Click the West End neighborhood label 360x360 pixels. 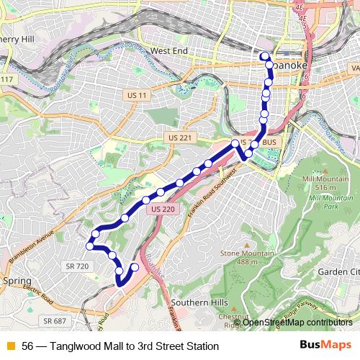pos(168,52)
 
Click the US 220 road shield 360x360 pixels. pos(163,209)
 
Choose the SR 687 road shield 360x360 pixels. pos(54,320)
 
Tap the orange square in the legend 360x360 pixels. pos(9,346)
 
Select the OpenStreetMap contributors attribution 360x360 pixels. pos(297,322)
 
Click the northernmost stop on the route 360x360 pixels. pos(264,56)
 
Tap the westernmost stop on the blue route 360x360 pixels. pos(90,246)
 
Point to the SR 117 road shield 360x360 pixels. pos(6,78)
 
